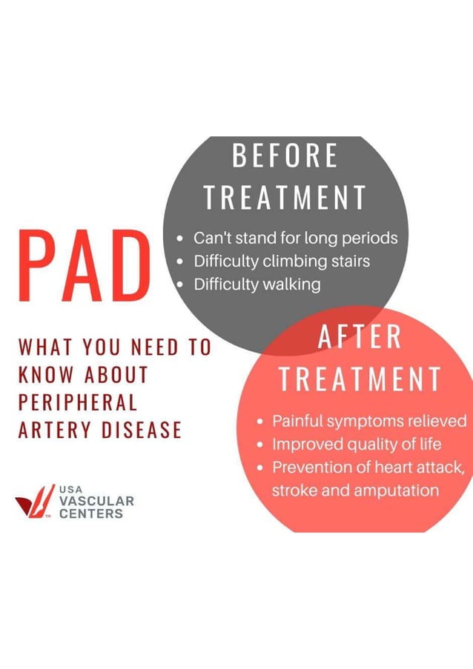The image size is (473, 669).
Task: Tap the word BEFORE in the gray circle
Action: (x=285, y=157)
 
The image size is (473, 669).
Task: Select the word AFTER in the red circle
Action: (x=360, y=338)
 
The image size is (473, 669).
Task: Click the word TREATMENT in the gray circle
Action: (x=285, y=198)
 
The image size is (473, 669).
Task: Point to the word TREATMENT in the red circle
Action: (x=360, y=379)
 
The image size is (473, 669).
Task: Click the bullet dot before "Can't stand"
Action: (x=181, y=239)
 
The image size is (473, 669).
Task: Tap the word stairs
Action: (x=348, y=262)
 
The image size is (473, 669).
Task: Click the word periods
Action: (x=370, y=239)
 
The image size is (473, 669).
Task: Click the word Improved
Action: (x=304, y=445)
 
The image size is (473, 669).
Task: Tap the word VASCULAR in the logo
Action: (x=96, y=502)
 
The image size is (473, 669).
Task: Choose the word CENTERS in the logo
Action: (x=91, y=513)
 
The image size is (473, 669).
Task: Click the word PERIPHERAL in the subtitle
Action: (x=78, y=402)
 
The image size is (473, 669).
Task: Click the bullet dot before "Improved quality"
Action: (x=261, y=445)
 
